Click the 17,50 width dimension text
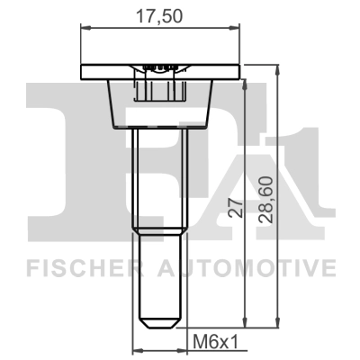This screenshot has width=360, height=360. pos(163,15)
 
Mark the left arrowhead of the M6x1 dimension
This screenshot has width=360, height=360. pos(136,349)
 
